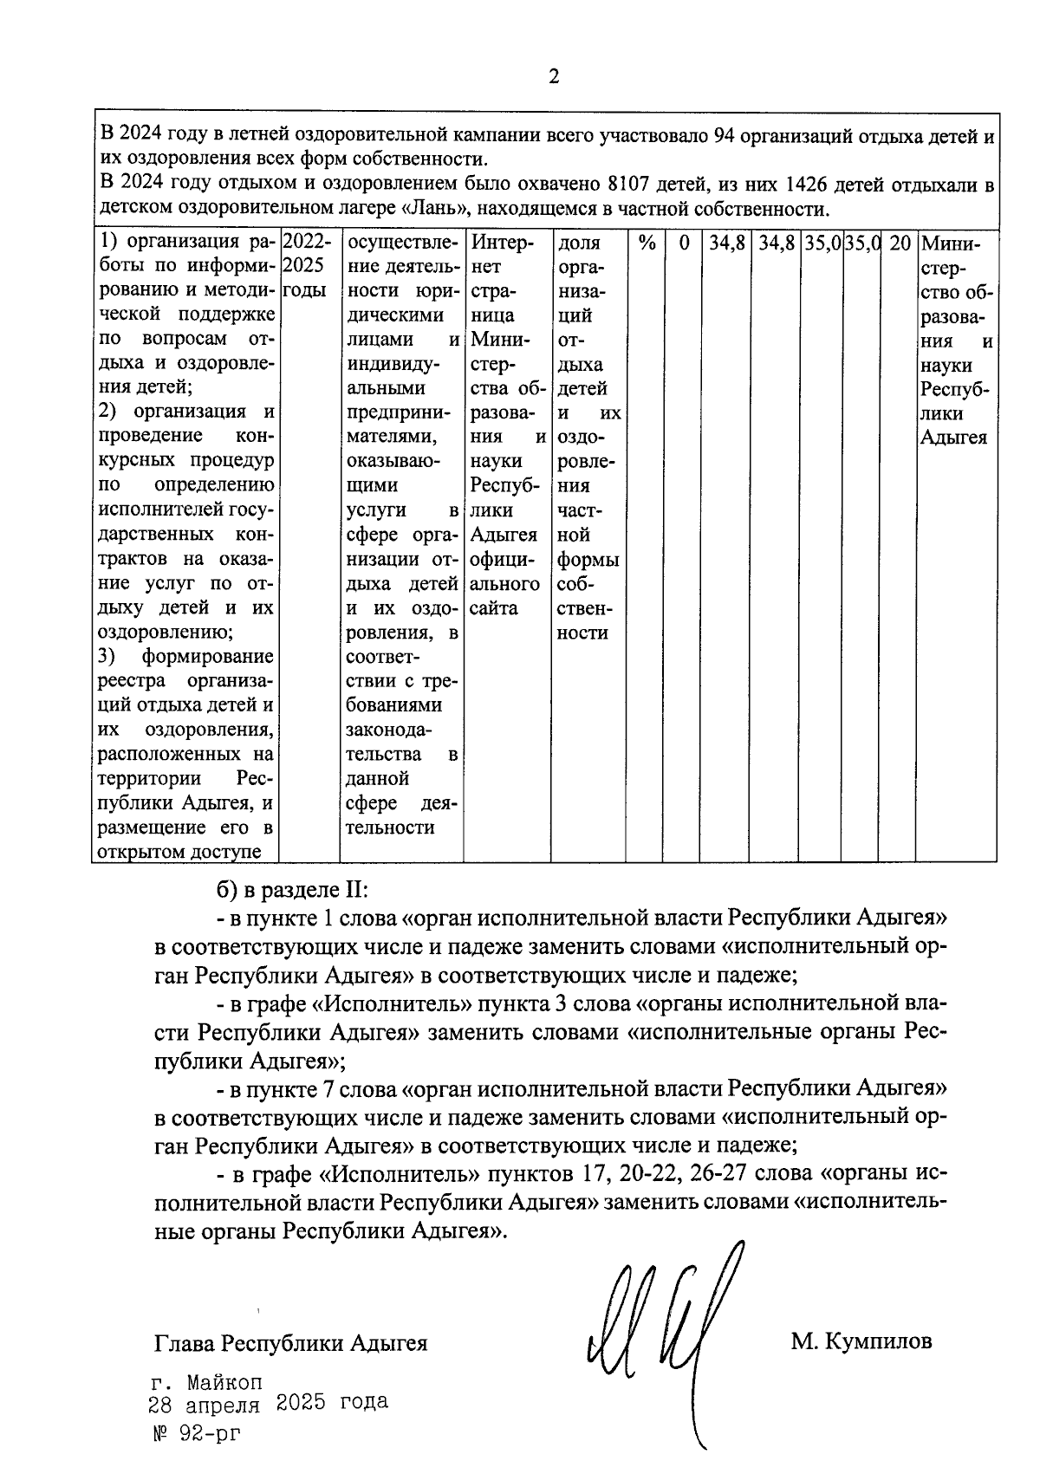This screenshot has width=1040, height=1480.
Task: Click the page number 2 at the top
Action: pos(554,76)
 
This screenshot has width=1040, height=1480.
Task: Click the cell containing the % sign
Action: pos(646,243)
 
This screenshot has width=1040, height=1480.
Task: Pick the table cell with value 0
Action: pos(684,243)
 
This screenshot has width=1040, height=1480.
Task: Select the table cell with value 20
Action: pos(900,243)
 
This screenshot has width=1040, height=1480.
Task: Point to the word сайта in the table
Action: pos(494,607)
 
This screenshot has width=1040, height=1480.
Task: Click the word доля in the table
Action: pos(579,243)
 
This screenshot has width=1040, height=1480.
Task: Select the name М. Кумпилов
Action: pos(861,1342)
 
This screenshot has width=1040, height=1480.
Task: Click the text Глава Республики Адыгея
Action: pos(291,1343)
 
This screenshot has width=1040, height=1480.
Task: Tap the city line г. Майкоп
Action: pos(206,1382)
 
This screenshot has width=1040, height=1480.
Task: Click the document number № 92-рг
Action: pos(196,1433)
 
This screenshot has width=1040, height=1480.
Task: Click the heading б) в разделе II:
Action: pos(293,890)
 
